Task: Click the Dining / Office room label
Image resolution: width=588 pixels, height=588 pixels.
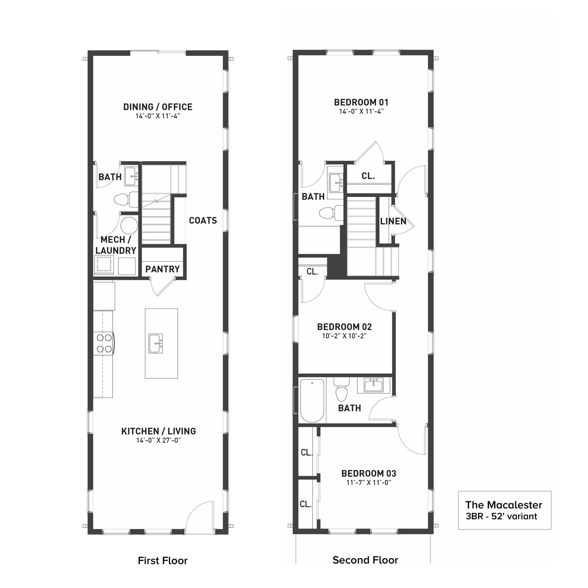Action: [158, 107]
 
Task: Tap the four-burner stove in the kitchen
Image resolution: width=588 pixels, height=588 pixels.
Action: [104, 343]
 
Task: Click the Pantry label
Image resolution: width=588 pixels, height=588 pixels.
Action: [162, 269]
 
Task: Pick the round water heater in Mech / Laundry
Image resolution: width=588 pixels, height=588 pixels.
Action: [129, 225]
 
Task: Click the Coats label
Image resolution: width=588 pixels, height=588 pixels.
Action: [203, 220]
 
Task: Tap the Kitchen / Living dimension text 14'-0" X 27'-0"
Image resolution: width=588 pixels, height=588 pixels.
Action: [159, 440]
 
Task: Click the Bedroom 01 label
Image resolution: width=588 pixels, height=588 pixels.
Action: [361, 102]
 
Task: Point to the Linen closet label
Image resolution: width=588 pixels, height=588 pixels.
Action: [393, 221]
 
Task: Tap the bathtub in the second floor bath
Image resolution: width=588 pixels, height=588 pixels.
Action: [312, 401]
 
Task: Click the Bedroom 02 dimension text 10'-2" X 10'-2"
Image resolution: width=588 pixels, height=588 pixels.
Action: [344, 336]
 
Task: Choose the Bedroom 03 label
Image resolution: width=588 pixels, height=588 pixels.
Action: [369, 473]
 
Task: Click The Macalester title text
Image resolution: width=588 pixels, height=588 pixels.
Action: [503, 505]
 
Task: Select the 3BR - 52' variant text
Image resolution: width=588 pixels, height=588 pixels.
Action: [501, 516]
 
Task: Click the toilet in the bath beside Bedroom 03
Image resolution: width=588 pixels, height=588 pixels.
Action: [341, 389]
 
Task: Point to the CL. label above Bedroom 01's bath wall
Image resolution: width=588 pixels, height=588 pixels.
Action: [368, 176]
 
